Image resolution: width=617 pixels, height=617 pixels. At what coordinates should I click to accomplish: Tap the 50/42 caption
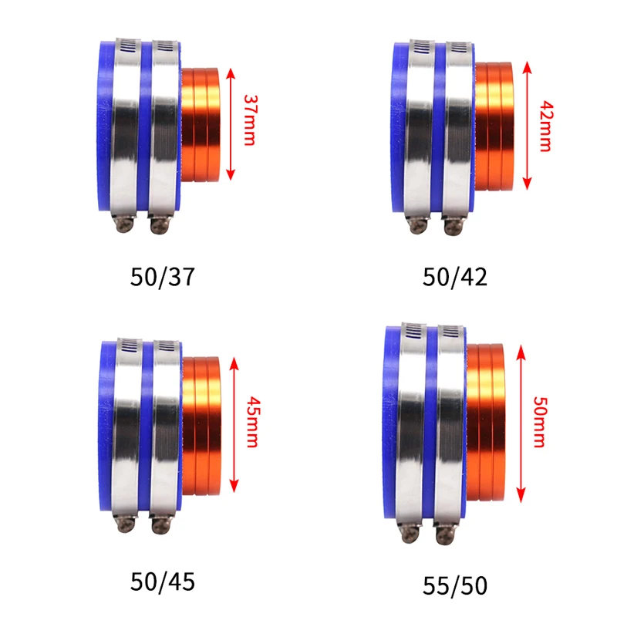click(455, 277)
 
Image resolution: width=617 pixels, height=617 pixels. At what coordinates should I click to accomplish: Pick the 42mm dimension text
click(545, 124)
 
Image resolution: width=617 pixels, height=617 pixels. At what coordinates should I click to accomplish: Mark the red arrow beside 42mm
click(528, 124)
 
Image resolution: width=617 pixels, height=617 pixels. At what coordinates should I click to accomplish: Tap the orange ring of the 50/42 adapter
click(494, 124)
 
